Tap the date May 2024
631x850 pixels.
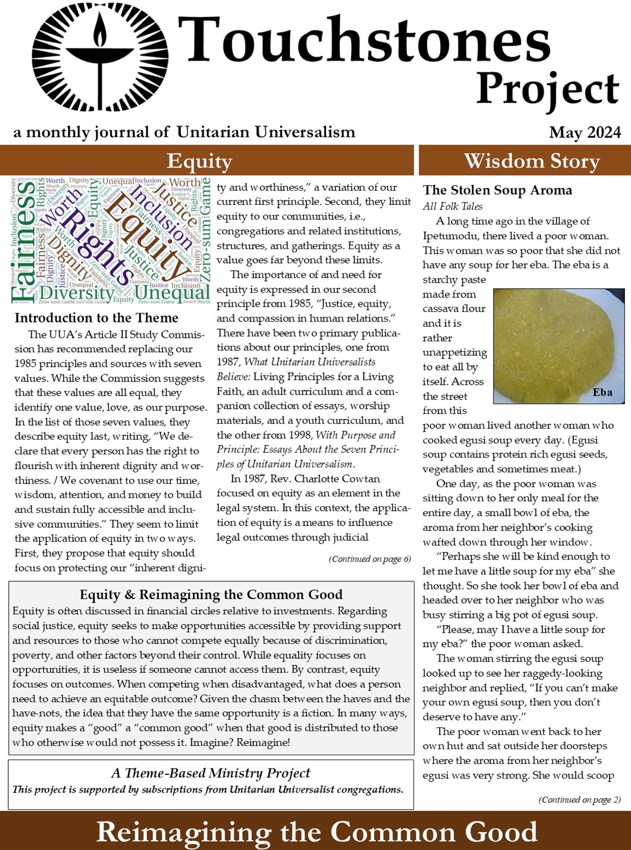click(x=585, y=132)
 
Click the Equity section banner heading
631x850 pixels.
click(x=200, y=161)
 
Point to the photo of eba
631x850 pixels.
click(x=558, y=345)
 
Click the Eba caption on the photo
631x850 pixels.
click(x=602, y=392)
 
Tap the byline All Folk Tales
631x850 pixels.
click(x=452, y=206)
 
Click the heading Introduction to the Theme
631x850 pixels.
click(x=97, y=318)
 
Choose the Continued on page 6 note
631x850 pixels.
click(x=370, y=559)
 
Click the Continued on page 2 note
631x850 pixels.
click(x=579, y=800)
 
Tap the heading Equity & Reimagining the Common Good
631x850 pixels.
click(x=211, y=594)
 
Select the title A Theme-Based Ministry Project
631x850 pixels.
click(x=211, y=773)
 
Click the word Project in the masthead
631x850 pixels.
click(x=547, y=89)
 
